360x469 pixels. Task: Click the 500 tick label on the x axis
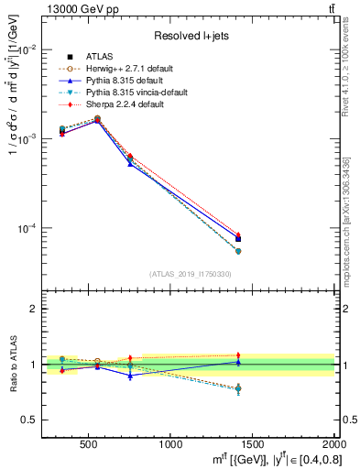(90, 445)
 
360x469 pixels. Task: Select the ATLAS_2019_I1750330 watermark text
(190, 274)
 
